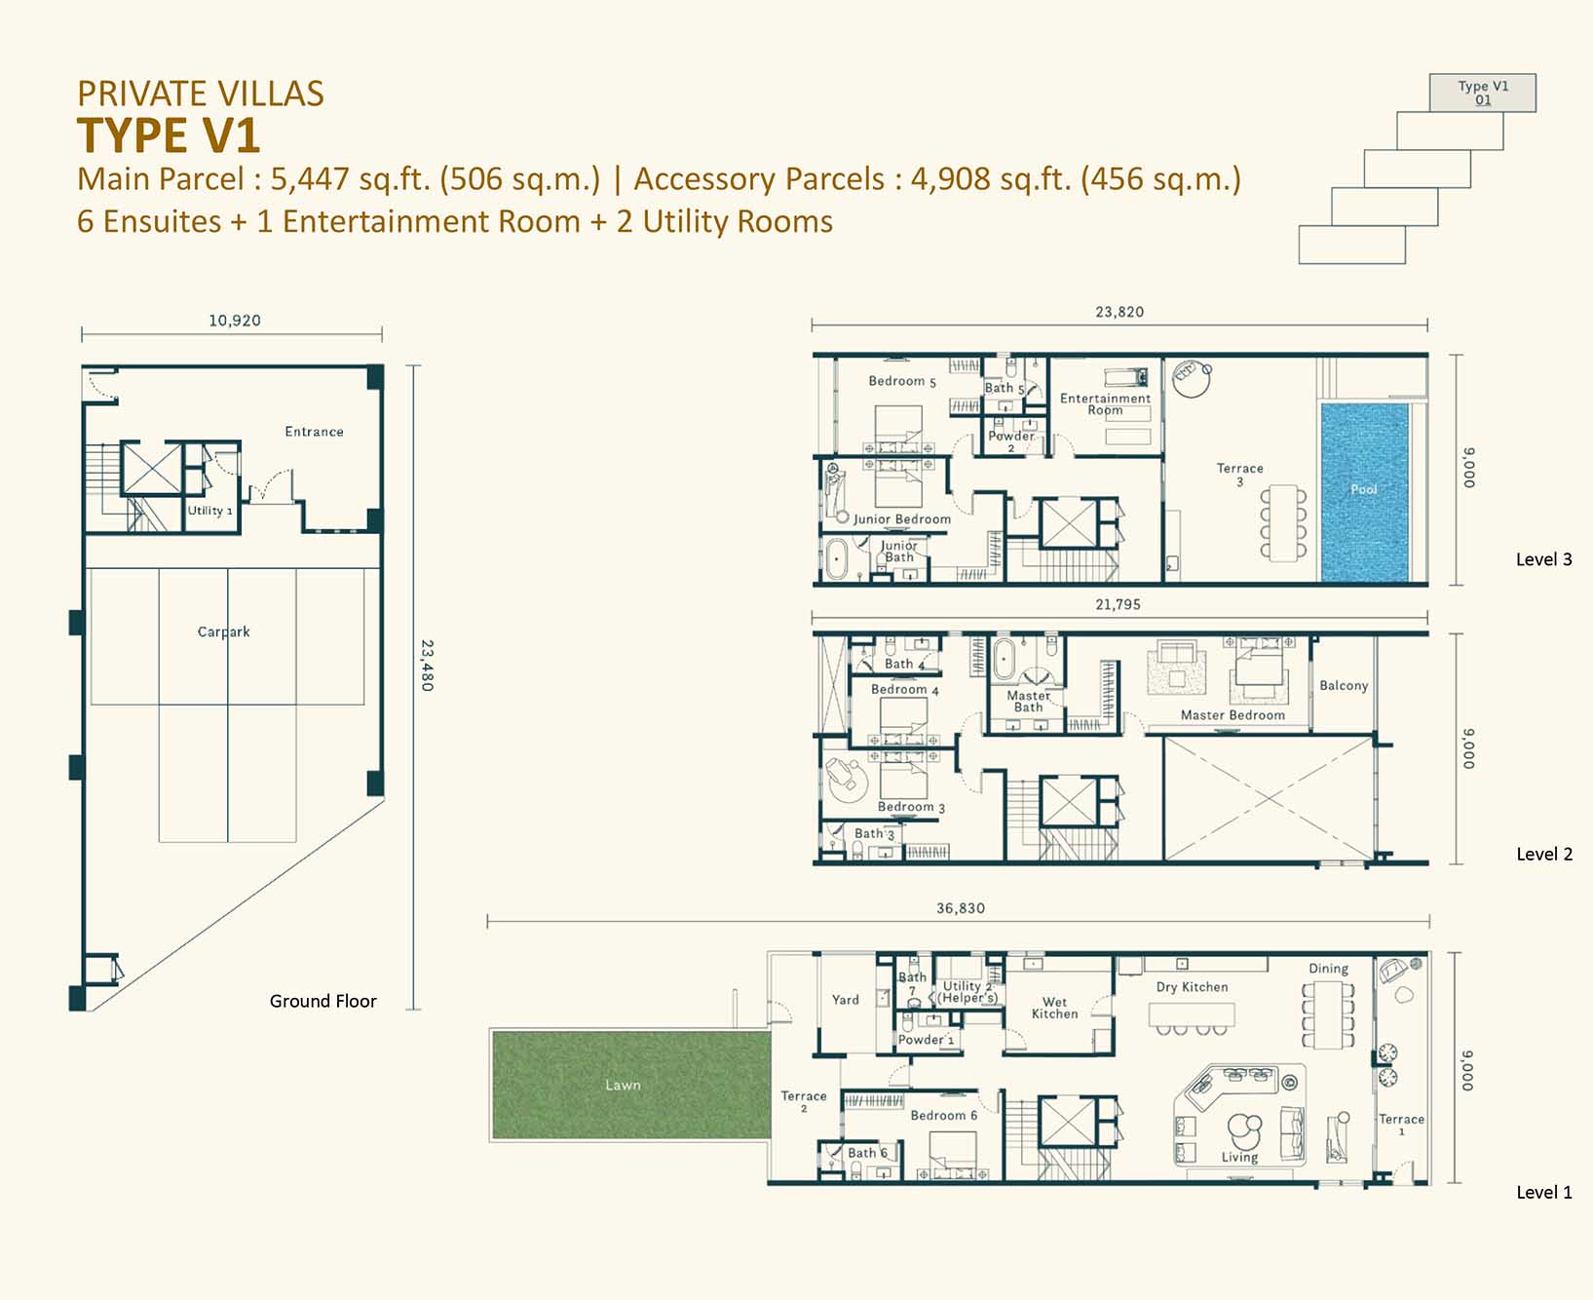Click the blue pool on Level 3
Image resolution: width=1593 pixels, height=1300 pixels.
1364,493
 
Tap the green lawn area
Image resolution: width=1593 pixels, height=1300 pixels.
631,1085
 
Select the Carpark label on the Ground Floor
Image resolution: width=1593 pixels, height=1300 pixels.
224,631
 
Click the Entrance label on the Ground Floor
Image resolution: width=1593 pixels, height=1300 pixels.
314,432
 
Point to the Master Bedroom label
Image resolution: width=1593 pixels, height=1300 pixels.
1233,715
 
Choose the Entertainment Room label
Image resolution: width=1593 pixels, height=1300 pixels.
1105,404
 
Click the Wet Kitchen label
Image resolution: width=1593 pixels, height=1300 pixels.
1054,1008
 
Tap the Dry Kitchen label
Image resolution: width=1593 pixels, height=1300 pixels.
1192,987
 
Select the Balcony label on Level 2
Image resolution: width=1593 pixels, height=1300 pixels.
1344,686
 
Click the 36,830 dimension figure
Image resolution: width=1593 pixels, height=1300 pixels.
961,908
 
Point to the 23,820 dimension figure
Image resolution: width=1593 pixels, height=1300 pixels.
1119,312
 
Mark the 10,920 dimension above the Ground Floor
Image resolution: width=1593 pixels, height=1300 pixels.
235,321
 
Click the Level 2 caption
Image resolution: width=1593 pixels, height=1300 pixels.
1544,855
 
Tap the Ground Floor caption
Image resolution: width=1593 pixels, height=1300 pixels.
322,1001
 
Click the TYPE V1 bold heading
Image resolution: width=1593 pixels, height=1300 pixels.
169,135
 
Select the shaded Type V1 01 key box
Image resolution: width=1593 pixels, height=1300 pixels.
1483,93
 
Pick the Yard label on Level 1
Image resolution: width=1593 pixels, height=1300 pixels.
846,1000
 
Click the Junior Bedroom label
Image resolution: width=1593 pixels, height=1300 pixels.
902,519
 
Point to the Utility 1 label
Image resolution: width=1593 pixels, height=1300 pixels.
210,511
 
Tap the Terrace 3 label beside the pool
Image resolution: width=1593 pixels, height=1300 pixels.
1239,475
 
